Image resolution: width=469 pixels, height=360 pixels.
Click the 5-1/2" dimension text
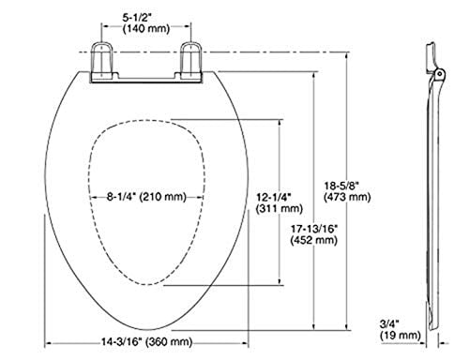137,18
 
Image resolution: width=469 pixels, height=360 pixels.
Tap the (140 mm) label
146,29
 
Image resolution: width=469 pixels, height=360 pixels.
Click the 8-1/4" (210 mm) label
146,197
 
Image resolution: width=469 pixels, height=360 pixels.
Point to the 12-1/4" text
274,197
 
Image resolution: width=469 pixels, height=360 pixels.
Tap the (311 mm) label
280,208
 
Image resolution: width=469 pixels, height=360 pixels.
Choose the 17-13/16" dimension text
314,229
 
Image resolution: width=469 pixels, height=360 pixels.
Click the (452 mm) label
314,240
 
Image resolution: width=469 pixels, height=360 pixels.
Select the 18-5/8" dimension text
341,186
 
